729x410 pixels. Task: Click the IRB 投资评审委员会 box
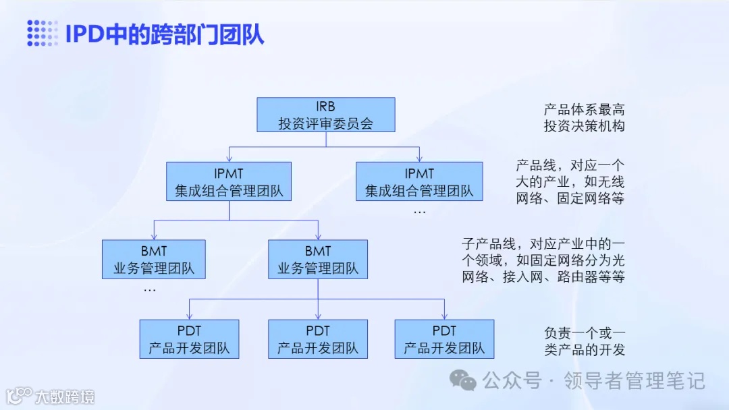point(326,115)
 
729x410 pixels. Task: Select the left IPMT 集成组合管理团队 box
point(230,181)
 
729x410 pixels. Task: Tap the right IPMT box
point(419,181)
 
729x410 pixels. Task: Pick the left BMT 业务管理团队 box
point(154,260)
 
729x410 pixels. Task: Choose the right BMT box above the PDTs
point(318,260)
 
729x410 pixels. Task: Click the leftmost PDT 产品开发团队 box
point(189,339)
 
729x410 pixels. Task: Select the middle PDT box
point(318,339)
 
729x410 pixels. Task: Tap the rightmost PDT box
point(444,339)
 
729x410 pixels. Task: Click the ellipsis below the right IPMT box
point(419,212)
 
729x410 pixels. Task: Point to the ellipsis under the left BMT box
point(150,289)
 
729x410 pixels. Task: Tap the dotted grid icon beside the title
point(43,34)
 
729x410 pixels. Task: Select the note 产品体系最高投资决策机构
point(584,117)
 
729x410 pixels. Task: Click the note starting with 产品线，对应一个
point(570,181)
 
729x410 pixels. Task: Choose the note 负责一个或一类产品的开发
point(584,341)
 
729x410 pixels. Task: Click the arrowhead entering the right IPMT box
point(419,158)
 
